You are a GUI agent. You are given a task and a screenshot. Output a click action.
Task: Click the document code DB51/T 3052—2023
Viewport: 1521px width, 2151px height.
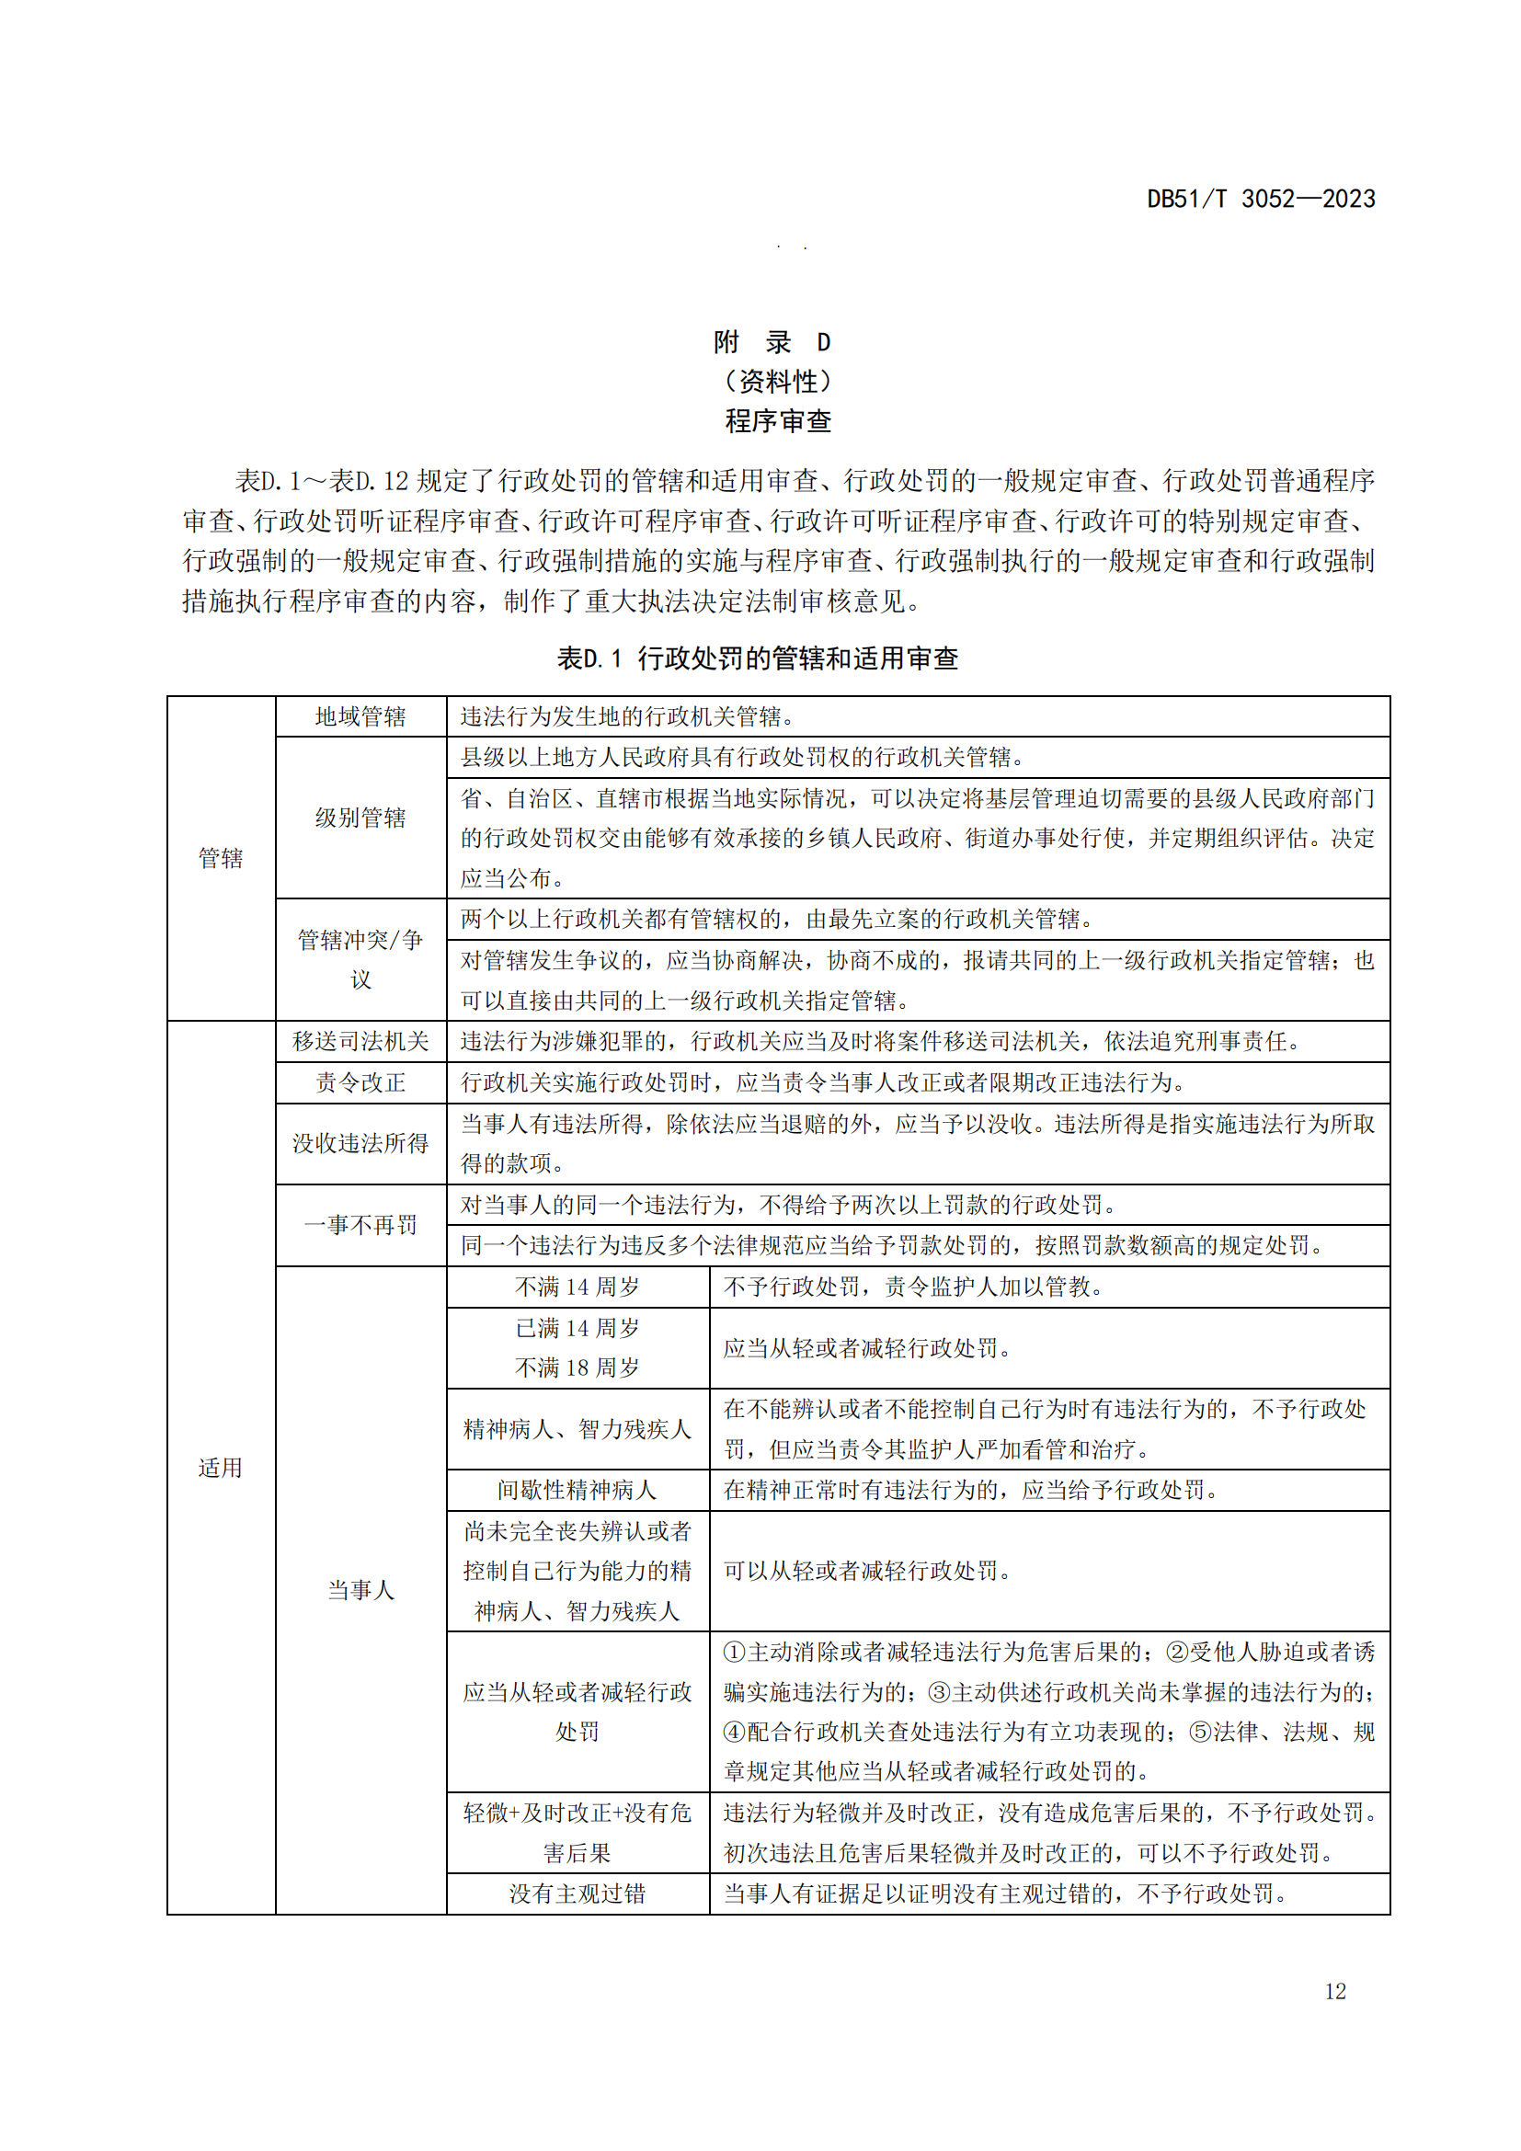(1260, 199)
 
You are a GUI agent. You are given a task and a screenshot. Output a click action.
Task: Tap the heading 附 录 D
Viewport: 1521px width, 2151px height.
(771, 342)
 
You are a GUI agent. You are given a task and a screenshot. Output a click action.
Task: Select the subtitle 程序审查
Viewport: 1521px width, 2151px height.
(777, 421)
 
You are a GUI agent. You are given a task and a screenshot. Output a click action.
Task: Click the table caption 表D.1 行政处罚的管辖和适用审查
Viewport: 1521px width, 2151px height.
(757, 658)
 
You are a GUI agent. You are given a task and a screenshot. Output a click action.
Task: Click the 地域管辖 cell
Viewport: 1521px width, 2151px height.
(360, 716)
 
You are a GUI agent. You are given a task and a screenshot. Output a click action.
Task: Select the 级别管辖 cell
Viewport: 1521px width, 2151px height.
(360, 818)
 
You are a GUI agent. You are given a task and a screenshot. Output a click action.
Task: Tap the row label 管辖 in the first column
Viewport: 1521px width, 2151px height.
(220, 858)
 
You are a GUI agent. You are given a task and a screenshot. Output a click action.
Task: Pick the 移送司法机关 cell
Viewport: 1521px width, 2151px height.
(360, 1041)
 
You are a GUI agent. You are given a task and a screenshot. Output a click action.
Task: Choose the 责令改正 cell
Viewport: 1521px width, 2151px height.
(360, 1082)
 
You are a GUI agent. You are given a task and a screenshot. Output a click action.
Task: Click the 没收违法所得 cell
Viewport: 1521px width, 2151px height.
(360, 1143)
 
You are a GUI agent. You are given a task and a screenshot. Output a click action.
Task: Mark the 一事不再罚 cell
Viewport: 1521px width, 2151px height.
(360, 1224)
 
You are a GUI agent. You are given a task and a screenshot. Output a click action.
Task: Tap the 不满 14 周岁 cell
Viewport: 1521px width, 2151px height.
(577, 1287)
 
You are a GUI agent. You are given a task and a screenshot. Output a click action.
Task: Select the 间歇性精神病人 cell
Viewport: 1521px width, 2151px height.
(577, 1490)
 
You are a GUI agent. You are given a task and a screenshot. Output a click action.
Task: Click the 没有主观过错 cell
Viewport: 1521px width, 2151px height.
(577, 1894)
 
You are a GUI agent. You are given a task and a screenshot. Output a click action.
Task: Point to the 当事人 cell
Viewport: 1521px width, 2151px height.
(360, 1590)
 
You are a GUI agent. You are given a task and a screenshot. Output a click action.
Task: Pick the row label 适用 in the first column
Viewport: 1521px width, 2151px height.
(220, 1467)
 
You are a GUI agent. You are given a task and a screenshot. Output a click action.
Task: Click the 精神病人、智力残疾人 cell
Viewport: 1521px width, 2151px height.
(577, 1429)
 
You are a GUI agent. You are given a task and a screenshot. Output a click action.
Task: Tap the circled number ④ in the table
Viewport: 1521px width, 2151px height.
(734, 1732)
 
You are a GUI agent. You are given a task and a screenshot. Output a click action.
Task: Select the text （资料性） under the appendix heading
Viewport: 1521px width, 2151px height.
(777, 382)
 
